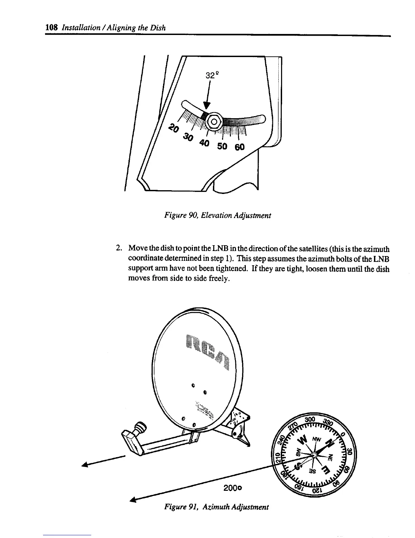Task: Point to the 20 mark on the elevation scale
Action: click(174, 128)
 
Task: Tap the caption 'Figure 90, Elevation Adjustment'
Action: click(217, 215)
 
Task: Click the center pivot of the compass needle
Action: click(314, 454)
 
